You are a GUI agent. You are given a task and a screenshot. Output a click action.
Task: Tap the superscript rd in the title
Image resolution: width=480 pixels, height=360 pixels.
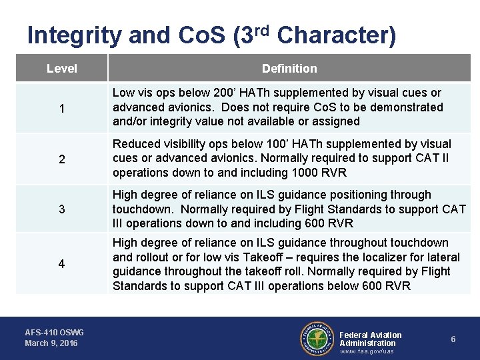point(261,29)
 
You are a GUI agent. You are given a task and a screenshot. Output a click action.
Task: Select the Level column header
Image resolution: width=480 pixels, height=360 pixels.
point(62,69)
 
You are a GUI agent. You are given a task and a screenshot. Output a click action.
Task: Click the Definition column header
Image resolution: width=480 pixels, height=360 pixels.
point(289,69)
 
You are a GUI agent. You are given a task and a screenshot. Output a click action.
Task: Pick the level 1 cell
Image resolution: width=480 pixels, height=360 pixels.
point(61,108)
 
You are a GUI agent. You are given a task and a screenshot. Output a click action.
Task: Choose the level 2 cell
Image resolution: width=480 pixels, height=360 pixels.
point(61,159)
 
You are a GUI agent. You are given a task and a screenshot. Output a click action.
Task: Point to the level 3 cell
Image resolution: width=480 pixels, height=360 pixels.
point(61,209)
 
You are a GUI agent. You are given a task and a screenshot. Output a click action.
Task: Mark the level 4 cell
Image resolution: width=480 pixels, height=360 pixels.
point(61,264)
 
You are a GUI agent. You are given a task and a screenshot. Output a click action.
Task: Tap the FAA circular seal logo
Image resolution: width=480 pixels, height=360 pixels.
point(317,339)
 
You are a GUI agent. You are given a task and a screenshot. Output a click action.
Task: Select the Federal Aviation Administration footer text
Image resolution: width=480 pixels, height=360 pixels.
point(371,339)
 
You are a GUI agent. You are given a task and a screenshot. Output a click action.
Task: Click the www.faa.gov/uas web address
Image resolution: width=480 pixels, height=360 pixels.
point(367,351)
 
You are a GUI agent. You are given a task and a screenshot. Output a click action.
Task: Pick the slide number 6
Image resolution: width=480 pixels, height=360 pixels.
point(453,339)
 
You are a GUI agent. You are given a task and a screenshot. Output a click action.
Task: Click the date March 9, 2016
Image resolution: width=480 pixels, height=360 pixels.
point(51,343)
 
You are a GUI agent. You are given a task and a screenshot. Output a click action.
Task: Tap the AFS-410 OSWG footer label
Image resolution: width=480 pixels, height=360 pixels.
point(55,332)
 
